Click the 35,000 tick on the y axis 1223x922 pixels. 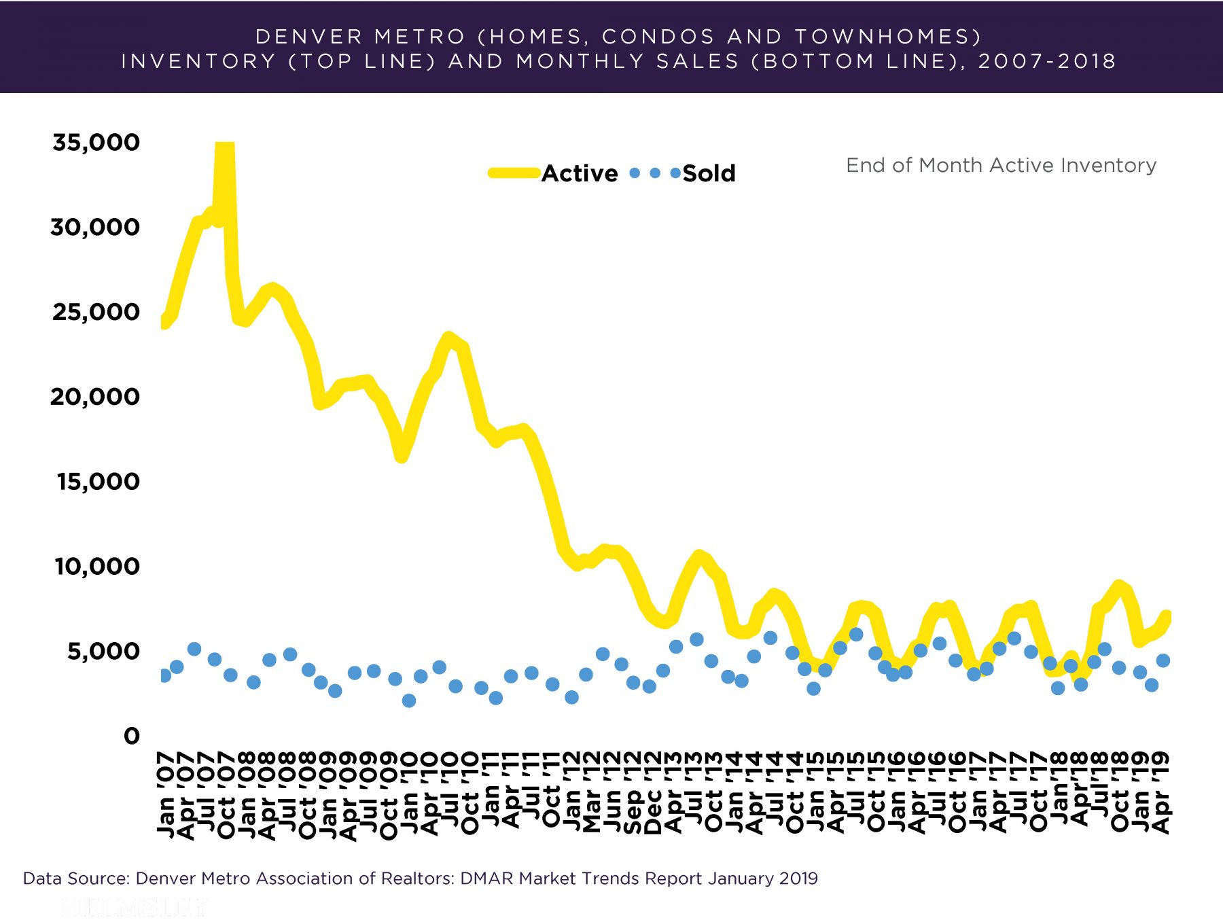96,142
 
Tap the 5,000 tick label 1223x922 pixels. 103,651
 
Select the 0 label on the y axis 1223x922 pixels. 132,736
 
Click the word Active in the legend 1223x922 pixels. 580,173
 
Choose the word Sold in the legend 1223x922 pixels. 709,173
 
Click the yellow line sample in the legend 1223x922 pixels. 514,173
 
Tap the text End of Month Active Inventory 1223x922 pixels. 1001,165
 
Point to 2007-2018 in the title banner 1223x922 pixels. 1047,61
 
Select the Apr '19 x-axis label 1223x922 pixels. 1163,793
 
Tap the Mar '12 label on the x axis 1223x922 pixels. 592,793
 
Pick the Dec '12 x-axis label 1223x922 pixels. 653,793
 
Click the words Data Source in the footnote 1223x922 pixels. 75,879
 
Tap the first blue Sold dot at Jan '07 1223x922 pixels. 164,675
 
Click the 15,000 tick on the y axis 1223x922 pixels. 99,482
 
